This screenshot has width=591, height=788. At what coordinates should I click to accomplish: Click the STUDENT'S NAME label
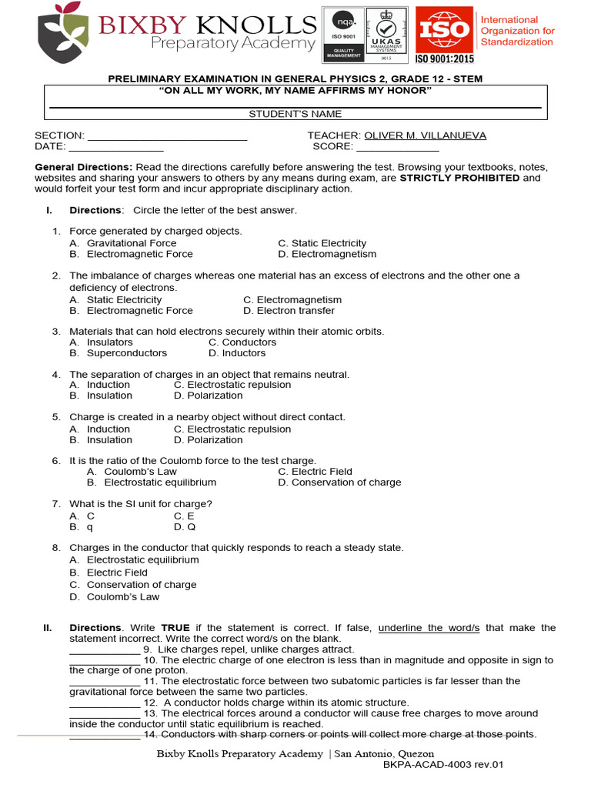(295, 114)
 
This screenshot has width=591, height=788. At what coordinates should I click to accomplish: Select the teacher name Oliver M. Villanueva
(425, 135)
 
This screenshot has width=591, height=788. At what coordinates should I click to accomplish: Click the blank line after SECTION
(167, 136)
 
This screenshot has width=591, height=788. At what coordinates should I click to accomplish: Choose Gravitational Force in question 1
(132, 243)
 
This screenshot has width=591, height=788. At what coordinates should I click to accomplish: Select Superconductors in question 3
(126, 353)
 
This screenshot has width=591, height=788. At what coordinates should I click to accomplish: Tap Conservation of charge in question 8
(142, 585)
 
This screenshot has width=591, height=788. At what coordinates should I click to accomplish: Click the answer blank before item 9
(104, 649)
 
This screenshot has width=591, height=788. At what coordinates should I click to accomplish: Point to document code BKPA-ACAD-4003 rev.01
(442, 766)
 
